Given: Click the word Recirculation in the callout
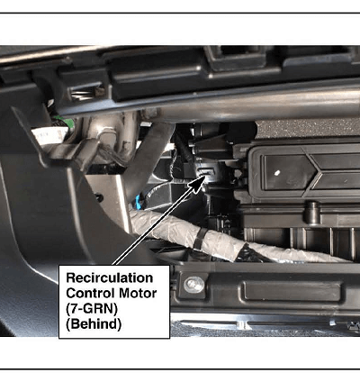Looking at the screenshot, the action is coord(110,277).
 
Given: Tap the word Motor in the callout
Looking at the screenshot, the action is coord(138,293).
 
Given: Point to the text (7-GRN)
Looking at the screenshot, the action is coord(92,309).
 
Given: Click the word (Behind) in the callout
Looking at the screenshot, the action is coord(94,324).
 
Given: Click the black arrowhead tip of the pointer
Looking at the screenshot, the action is coord(205,176).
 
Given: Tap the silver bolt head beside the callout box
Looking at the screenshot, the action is coord(193,285).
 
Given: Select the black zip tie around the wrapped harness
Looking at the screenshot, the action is coord(200,239).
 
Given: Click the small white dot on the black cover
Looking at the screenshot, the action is coord(277,173).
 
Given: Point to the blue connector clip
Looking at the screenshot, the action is coord(139,202).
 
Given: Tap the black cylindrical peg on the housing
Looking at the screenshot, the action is coord(312,214).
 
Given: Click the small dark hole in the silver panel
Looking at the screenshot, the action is coord(99,197).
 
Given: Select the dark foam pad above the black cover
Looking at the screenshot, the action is coord(308,128).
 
